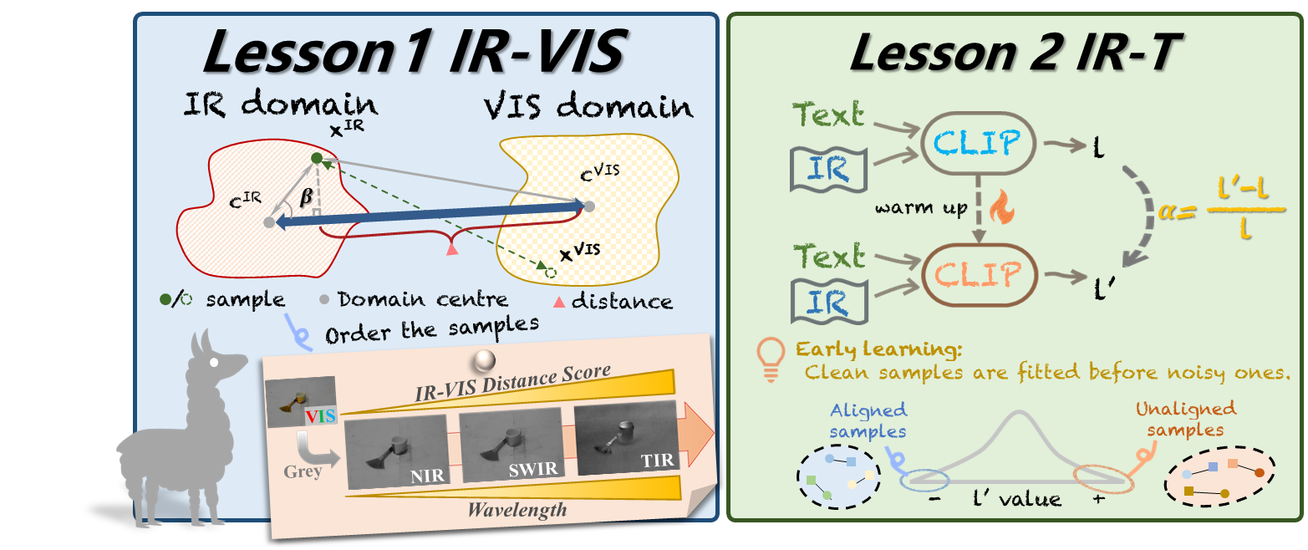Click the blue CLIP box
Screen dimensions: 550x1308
[x=978, y=144]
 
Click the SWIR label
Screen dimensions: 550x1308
[x=533, y=469]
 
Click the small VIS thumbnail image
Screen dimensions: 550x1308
[x=300, y=401]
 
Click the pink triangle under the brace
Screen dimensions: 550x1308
[x=452, y=248]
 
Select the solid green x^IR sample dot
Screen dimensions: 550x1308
[x=317, y=158]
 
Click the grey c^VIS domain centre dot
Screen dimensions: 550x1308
[x=588, y=206]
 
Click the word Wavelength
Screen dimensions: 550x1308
[x=517, y=509]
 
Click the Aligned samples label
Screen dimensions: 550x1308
[x=868, y=420]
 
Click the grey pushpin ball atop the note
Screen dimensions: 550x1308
[x=484, y=361]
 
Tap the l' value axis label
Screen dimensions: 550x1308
[x=1017, y=500]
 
